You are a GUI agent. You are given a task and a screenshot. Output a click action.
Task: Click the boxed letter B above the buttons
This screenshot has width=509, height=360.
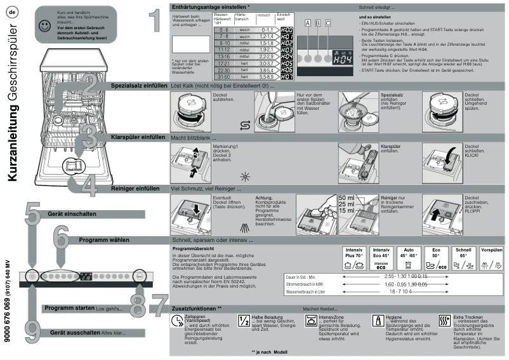point(318,23)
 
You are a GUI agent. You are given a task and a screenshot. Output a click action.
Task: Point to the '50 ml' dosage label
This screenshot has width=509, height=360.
point(347,198)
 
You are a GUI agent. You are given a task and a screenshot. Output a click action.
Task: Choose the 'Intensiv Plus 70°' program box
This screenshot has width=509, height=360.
point(354,258)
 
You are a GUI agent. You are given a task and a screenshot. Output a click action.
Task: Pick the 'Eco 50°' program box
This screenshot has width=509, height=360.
point(436,258)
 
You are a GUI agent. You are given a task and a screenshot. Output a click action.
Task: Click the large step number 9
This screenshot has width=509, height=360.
point(33,328)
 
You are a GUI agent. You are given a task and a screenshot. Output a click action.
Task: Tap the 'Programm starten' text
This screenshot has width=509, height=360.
point(69,308)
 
